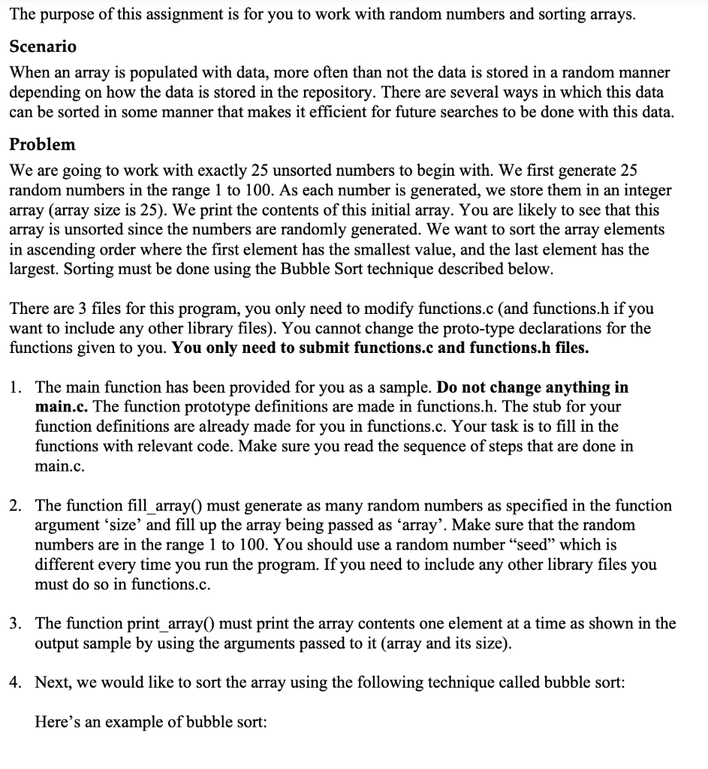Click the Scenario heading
[x=43, y=47]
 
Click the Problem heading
[x=42, y=144]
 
